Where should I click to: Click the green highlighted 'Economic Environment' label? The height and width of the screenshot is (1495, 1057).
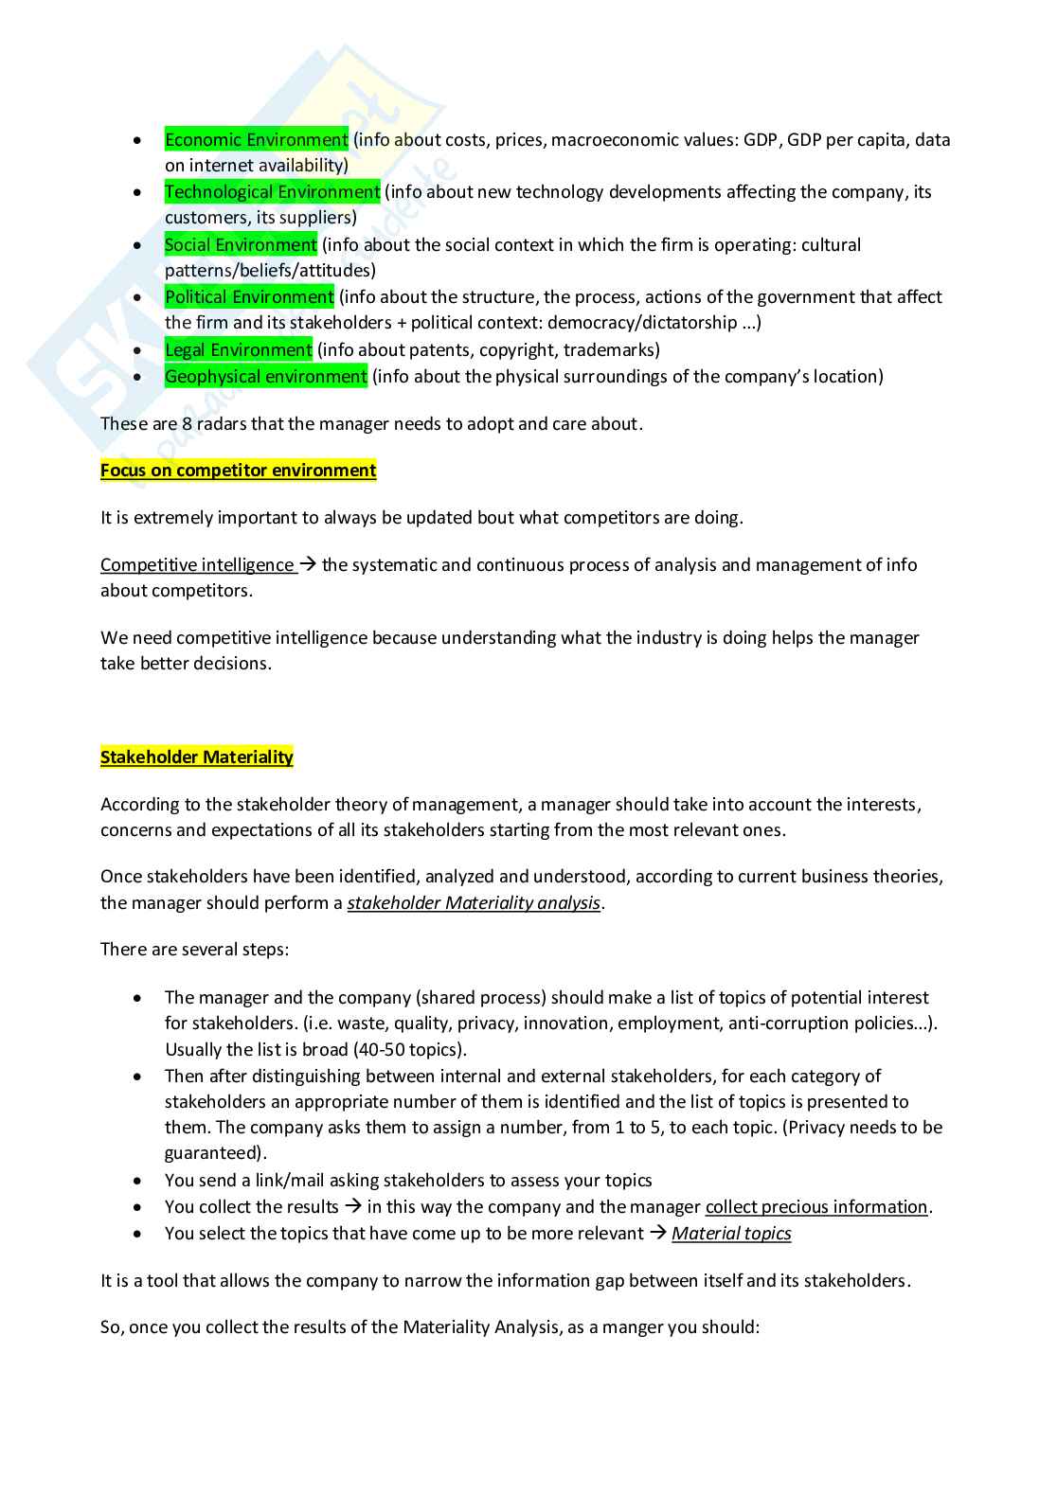click(x=257, y=140)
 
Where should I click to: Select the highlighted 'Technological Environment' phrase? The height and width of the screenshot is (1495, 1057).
click(x=273, y=192)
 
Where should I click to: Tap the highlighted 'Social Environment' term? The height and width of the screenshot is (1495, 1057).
click(x=241, y=245)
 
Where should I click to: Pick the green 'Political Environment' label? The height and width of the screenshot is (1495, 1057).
click(x=249, y=297)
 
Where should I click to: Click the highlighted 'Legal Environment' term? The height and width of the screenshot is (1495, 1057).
click(x=239, y=350)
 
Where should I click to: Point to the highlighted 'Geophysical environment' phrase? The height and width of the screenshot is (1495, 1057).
click(x=265, y=377)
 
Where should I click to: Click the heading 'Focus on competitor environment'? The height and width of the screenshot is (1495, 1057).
click(x=239, y=471)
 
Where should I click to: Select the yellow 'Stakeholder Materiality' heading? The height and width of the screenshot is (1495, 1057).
click(x=197, y=757)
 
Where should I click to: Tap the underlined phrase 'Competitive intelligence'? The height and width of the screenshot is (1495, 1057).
click(x=197, y=565)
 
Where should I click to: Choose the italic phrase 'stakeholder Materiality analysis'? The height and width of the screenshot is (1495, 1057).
click(x=474, y=903)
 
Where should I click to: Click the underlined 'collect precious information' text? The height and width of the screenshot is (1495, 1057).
click(x=816, y=1207)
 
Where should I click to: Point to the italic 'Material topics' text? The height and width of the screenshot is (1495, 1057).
click(x=731, y=1234)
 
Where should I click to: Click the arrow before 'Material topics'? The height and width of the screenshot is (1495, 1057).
click(x=658, y=1233)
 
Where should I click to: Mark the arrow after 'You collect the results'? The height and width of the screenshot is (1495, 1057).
click(x=353, y=1206)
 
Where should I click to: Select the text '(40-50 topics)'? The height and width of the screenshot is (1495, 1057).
click(x=409, y=1050)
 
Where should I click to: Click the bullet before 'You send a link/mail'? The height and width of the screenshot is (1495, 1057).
click(x=138, y=1182)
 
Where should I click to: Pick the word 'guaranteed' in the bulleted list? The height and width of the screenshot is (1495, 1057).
click(x=212, y=1153)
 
